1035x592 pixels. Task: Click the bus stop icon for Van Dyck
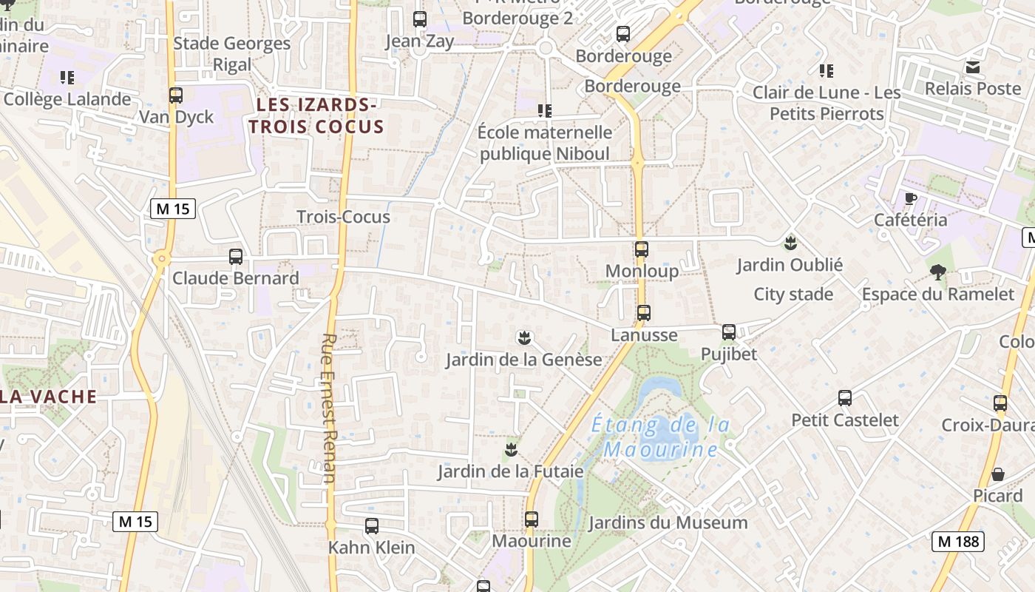176,95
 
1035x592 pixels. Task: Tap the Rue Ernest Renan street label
329,408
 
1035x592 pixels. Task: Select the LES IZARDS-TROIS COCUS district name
316,115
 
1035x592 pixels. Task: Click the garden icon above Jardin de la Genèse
524,339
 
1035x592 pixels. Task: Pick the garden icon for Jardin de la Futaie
510,449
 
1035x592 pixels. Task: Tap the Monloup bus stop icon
642,249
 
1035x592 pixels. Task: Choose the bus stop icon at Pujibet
729,332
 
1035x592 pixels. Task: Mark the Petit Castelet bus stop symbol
845,398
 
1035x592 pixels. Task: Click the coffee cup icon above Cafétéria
911,198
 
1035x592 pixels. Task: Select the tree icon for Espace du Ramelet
938,272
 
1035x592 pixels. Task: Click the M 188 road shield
957,541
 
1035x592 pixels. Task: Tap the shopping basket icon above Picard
998,474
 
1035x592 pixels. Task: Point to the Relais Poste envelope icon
973,67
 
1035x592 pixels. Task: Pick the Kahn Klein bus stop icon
372,526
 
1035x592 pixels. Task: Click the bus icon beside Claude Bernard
236,257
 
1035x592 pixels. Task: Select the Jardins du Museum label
668,523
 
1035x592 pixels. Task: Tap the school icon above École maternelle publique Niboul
545,111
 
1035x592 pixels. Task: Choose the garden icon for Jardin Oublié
790,243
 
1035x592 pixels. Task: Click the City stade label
793,295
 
